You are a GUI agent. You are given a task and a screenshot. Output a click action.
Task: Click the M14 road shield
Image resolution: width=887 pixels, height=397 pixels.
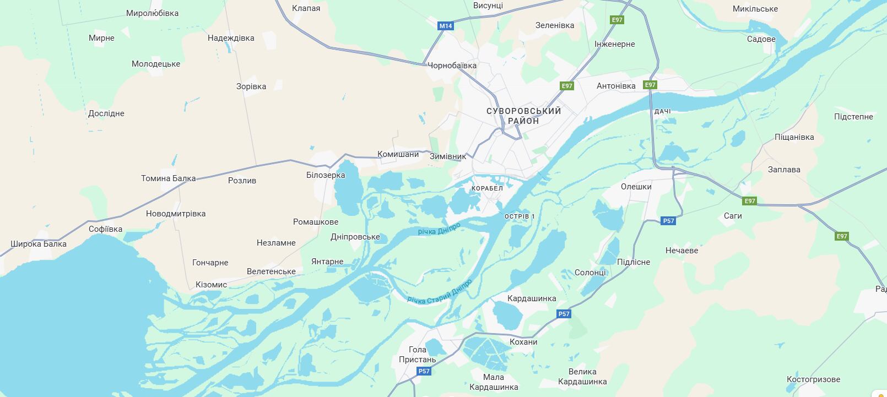click(445, 26)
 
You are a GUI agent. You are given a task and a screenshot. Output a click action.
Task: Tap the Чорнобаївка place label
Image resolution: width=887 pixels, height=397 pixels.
click(452, 66)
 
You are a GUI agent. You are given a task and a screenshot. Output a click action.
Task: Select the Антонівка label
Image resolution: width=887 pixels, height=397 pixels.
click(616, 86)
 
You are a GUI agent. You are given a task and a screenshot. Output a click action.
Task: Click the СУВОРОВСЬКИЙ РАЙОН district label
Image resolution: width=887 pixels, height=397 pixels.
click(523, 116)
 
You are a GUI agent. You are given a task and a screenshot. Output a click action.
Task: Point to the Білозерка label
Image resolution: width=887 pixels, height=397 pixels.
click(326, 175)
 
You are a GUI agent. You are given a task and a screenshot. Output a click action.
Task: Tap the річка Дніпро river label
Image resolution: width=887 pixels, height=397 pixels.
click(439, 229)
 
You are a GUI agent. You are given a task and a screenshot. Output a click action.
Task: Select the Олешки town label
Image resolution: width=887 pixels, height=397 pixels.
click(636, 187)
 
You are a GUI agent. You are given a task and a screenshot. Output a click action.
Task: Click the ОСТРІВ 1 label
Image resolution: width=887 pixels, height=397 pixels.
click(520, 216)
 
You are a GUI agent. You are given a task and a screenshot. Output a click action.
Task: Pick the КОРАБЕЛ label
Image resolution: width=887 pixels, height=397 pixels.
click(487, 188)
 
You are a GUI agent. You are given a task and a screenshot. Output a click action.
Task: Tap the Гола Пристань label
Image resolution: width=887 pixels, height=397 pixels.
click(417, 355)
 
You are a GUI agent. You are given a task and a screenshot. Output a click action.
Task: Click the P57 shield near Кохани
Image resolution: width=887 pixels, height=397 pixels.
click(563, 314)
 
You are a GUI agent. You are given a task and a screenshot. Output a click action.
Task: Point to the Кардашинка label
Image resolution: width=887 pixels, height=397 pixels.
click(532, 298)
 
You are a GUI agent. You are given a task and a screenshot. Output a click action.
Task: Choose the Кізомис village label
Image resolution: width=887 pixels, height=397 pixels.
click(211, 285)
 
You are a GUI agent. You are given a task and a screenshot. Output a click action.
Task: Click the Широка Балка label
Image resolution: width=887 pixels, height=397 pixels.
click(39, 244)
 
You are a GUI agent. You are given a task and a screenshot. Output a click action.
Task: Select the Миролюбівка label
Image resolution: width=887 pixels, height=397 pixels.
click(152, 13)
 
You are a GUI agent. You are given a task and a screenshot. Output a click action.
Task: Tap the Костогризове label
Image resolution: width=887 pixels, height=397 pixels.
click(813, 379)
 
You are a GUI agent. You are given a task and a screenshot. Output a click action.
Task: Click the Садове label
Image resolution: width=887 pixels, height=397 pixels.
click(761, 39)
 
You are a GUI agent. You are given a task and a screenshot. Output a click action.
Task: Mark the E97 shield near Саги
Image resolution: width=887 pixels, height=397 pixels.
click(749, 201)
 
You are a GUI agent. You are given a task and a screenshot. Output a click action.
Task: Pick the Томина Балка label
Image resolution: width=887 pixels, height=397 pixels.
click(168, 178)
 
